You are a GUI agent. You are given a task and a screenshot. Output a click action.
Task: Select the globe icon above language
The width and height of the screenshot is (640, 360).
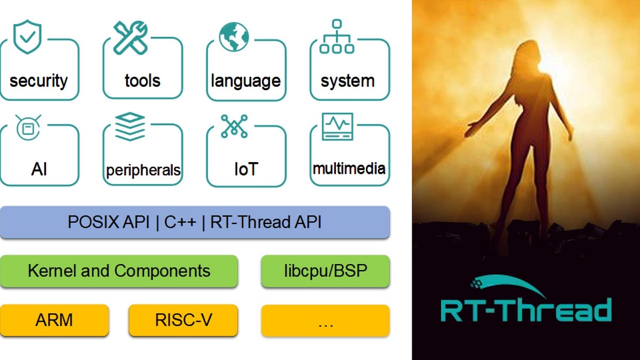(234, 37)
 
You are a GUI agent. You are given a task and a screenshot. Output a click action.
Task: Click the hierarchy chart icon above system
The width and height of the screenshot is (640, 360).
(337, 36)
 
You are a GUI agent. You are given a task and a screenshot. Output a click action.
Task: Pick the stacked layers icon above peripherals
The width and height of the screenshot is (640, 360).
(130, 126)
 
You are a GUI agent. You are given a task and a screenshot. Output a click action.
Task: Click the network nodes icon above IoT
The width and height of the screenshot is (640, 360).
(234, 126)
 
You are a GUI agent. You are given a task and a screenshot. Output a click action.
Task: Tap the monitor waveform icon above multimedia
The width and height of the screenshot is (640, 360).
(337, 126)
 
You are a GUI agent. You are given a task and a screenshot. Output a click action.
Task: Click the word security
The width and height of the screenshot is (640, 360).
(38, 81)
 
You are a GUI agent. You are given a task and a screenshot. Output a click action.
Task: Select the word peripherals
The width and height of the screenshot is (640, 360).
(143, 171)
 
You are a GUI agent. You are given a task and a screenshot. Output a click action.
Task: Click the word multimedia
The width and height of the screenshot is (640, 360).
(349, 169)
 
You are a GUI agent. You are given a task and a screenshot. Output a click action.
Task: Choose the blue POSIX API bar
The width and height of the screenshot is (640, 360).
(195, 222)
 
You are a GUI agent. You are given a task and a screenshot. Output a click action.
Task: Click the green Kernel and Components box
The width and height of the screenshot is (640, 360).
(119, 271)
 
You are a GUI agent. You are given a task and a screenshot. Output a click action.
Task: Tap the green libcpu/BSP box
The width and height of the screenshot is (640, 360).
(325, 271)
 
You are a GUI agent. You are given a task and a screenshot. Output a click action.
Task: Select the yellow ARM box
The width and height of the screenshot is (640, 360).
(54, 321)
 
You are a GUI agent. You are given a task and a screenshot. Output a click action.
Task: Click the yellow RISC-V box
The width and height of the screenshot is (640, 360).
(183, 321)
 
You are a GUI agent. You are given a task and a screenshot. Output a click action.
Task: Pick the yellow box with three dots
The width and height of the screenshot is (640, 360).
(325, 321)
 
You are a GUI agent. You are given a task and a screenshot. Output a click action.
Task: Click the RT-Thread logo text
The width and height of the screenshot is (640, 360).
(525, 310)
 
